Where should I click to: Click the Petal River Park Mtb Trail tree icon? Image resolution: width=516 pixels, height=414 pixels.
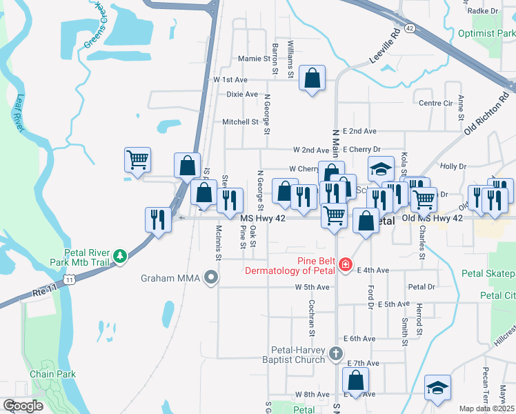(x=121, y=257)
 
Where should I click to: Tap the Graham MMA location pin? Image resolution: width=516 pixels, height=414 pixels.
(x=211, y=278)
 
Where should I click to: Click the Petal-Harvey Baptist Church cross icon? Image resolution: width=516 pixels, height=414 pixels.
(x=335, y=354)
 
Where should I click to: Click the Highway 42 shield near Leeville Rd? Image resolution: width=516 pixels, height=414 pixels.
(x=410, y=28)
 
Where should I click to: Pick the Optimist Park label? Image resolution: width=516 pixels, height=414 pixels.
(x=487, y=34)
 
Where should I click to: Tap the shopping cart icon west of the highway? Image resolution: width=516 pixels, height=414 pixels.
(x=137, y=160)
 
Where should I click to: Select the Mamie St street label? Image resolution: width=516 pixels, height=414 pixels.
(x=253, y=59)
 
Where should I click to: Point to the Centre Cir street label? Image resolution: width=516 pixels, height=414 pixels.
(x=435, y=103)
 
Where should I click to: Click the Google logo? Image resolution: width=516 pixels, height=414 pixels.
(x=23, y=406)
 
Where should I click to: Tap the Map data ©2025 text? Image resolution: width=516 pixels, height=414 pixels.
(x=486, y=408)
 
